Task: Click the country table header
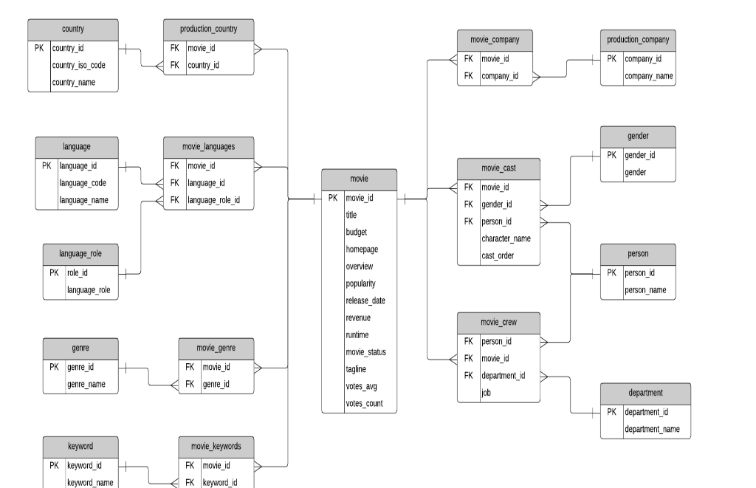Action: pos(72,30)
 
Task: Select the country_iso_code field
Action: pos(78,65)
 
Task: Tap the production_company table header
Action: pos(638,40)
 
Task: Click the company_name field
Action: pos(649,76)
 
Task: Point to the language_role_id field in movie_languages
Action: pos(213,200)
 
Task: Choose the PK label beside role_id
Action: pos(54,272)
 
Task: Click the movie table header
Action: pos(359,179)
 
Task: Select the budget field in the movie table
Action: pos(356,232)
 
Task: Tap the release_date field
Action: pos(365,300)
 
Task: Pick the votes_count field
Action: pos(364,404)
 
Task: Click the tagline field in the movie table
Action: pos(356,369)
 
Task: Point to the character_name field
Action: pos(506,238)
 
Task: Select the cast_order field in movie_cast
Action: pos(498,255)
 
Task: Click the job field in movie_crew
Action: pos(487,393)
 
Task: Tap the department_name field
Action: pos(652,429)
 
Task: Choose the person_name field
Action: pos(645,290)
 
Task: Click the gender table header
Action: pos(638,137)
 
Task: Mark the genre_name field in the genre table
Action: pos(86,384)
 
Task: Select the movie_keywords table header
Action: pos(216,446)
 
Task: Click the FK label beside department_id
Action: pos(468,375)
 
